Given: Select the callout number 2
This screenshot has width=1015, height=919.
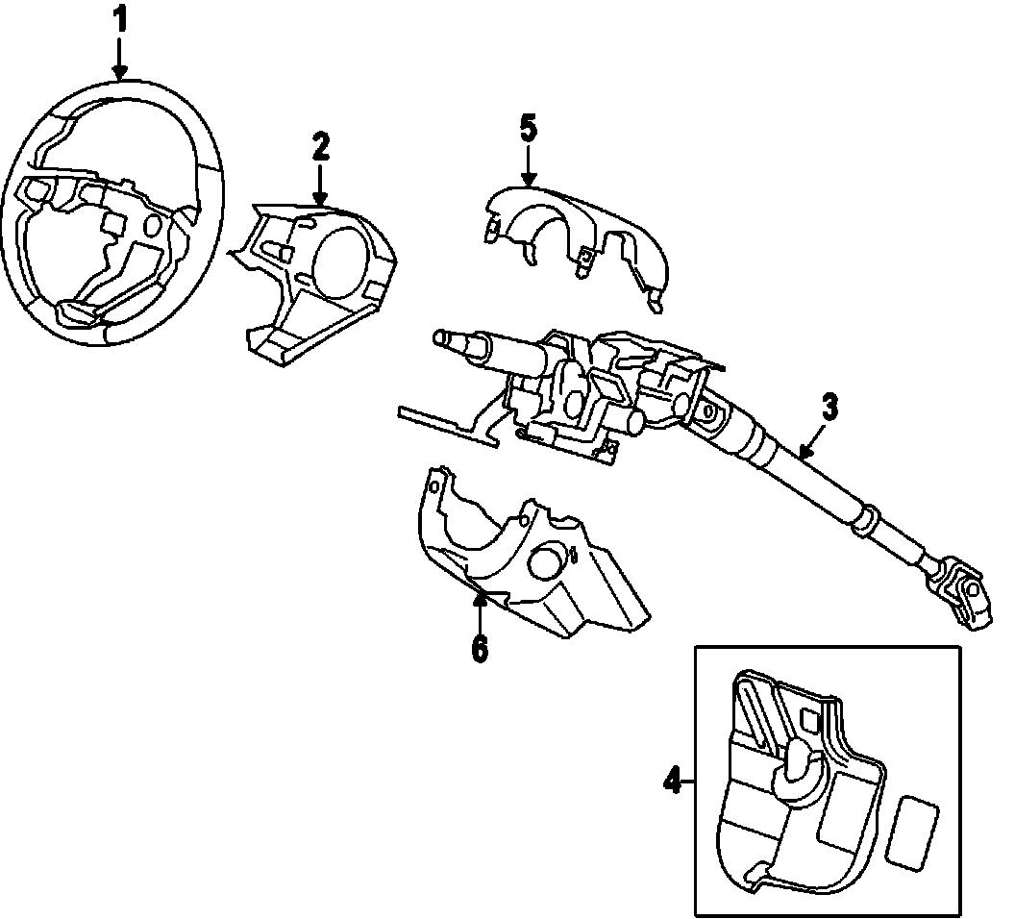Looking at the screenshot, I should point(320,146).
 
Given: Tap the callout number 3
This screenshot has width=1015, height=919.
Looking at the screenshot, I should point(829,407).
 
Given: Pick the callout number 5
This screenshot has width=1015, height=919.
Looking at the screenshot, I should point(528,129).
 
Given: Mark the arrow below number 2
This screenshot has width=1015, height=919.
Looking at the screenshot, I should point(320,184).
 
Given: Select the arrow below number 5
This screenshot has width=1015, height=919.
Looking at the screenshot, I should point(528,167).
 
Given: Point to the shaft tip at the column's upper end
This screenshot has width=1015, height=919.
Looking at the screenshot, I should point(444,337).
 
